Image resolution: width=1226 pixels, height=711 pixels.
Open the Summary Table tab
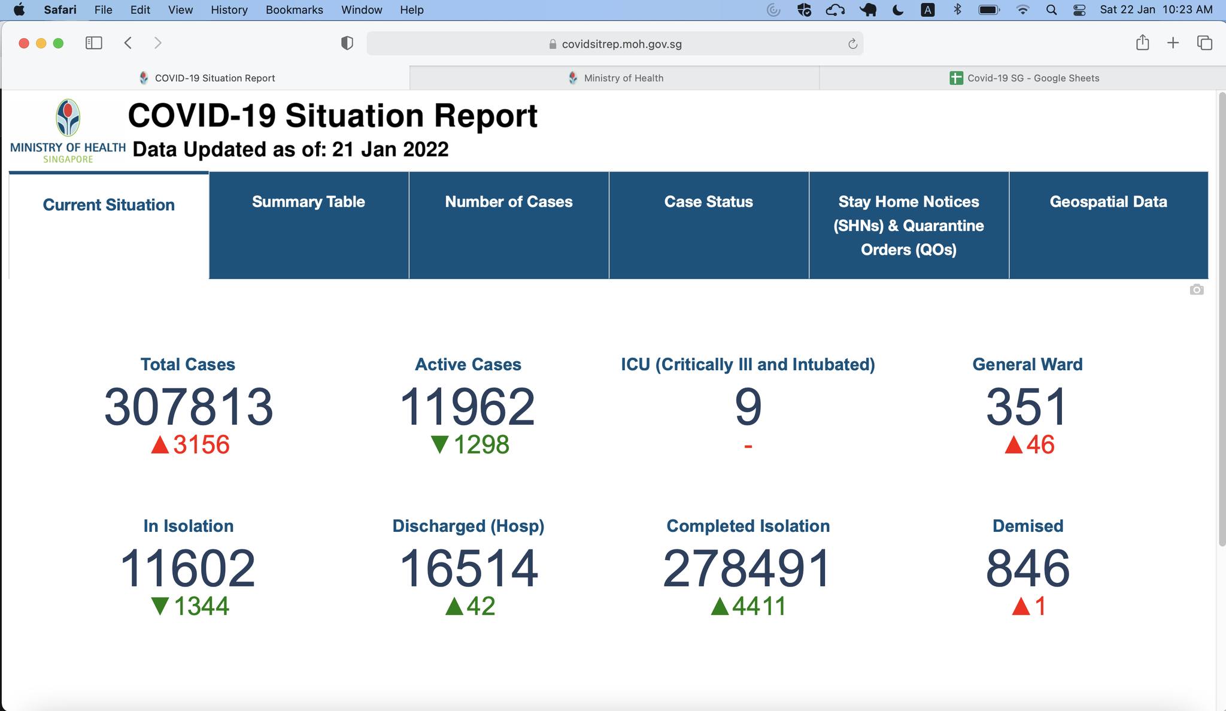(308, 202)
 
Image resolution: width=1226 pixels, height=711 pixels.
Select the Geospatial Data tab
(1108, 202)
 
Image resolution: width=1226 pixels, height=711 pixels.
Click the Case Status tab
(708, 202)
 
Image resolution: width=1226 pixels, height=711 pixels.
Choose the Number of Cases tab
(508, 202)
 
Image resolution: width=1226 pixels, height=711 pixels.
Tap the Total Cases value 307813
(188, 407)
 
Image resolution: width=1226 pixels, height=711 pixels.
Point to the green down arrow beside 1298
(440, 444)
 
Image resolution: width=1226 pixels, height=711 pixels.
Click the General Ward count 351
(1027, 407)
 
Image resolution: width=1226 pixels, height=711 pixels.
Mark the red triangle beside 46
(1013, 444)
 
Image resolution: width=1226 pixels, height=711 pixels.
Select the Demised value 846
(1027, 568)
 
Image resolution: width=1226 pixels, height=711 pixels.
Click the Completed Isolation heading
(748, 526)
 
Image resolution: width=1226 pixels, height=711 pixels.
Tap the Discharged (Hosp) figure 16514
(468, 568)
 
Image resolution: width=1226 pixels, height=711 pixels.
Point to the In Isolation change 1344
(201, 606)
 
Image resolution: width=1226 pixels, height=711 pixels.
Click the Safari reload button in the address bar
(852, 44)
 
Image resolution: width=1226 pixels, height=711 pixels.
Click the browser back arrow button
(128, 43)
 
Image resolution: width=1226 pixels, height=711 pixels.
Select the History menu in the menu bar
(229, 10)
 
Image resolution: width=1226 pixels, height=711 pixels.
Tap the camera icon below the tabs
(1196, 290)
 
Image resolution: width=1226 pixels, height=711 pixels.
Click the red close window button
(24, 43)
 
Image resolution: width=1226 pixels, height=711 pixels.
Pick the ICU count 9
(748, 407)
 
